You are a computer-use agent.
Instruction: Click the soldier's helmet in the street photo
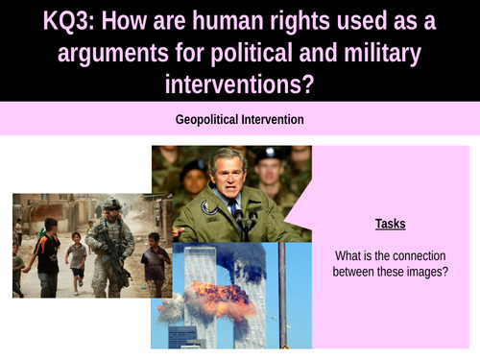[112, 205]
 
